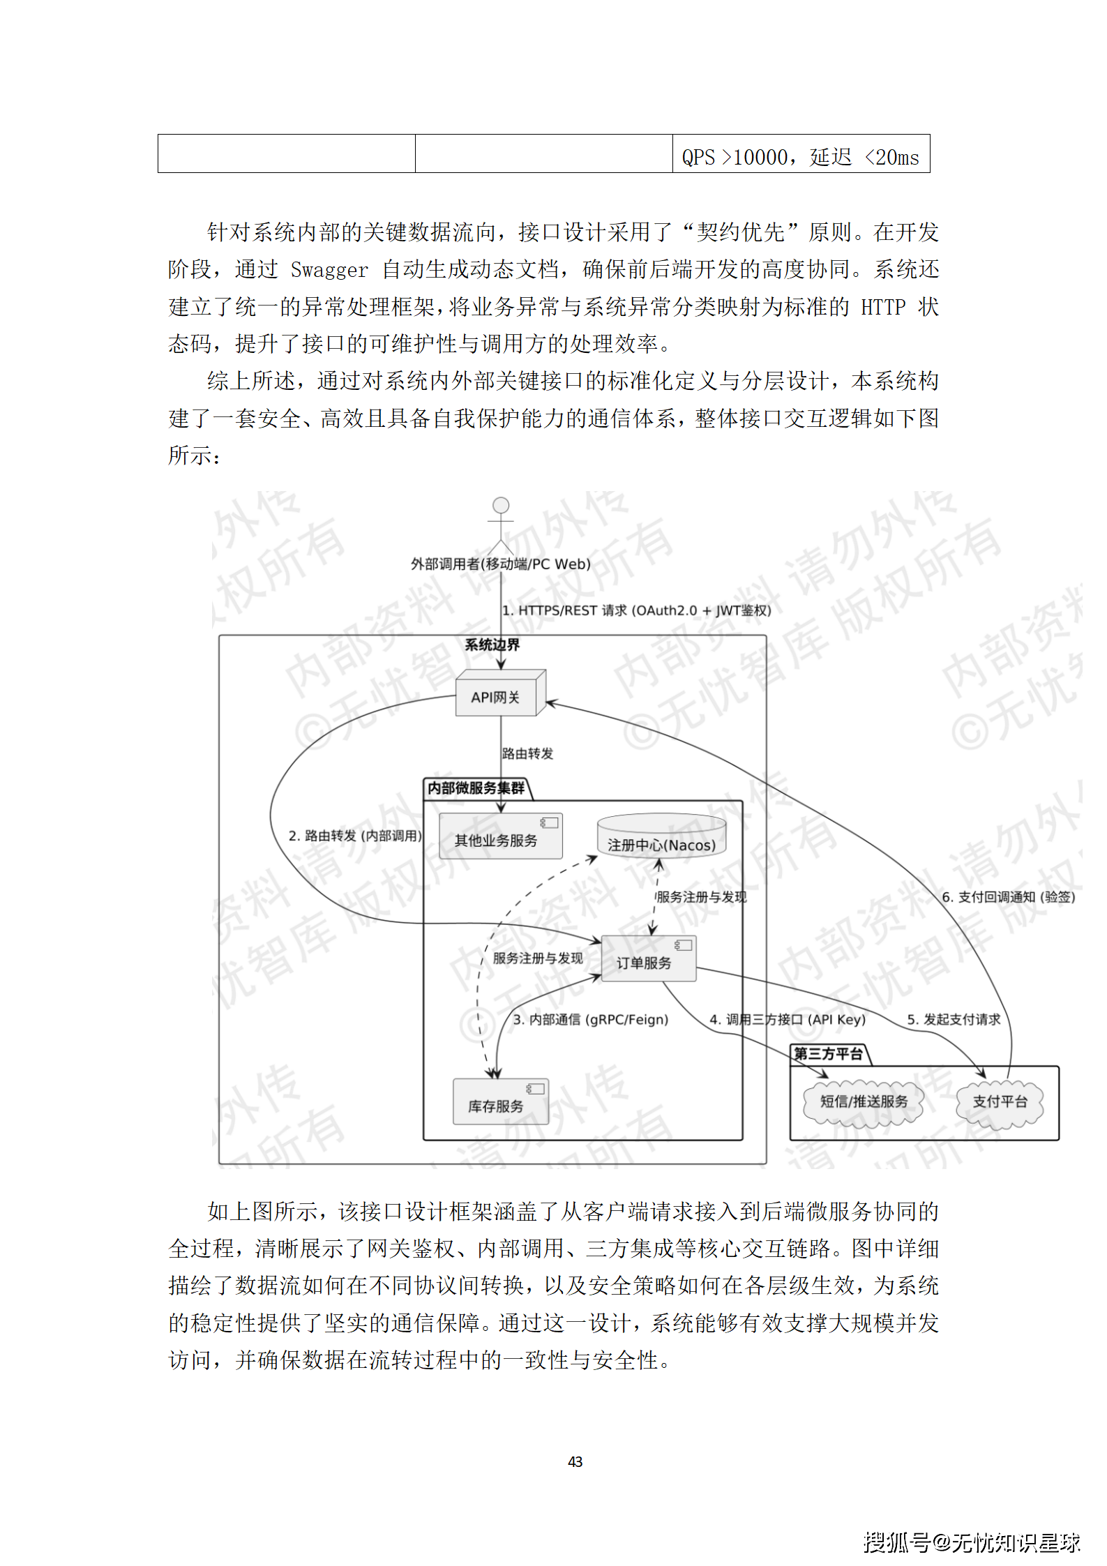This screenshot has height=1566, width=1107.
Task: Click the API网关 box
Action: (496, 696)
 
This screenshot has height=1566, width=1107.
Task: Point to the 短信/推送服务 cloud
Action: (864, 1101)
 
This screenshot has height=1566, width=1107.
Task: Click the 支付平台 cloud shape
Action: (1000, 1101)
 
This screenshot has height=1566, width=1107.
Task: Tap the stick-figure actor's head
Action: (500, 505)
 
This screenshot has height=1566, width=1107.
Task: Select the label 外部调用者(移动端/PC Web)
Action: (500, 564)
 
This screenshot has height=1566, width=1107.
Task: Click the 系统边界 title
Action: (492, 645)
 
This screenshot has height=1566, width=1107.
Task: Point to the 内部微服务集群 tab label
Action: (476, 788)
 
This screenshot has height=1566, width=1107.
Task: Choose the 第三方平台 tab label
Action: (828, 1054)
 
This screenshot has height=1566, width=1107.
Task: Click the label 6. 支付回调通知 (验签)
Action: (1008, 897)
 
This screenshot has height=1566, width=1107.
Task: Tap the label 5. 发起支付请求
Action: (954, 1019)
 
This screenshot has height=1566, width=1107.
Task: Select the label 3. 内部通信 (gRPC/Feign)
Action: (591, 1019)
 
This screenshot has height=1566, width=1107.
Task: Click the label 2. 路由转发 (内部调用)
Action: (355, 835)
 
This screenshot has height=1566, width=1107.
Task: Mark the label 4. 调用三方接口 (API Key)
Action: (788, 1019)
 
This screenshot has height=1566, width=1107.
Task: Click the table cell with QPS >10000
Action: (800, 156)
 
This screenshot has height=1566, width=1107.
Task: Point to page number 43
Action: (575, 1461)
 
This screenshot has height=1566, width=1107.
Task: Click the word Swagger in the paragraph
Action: (329, 270)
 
